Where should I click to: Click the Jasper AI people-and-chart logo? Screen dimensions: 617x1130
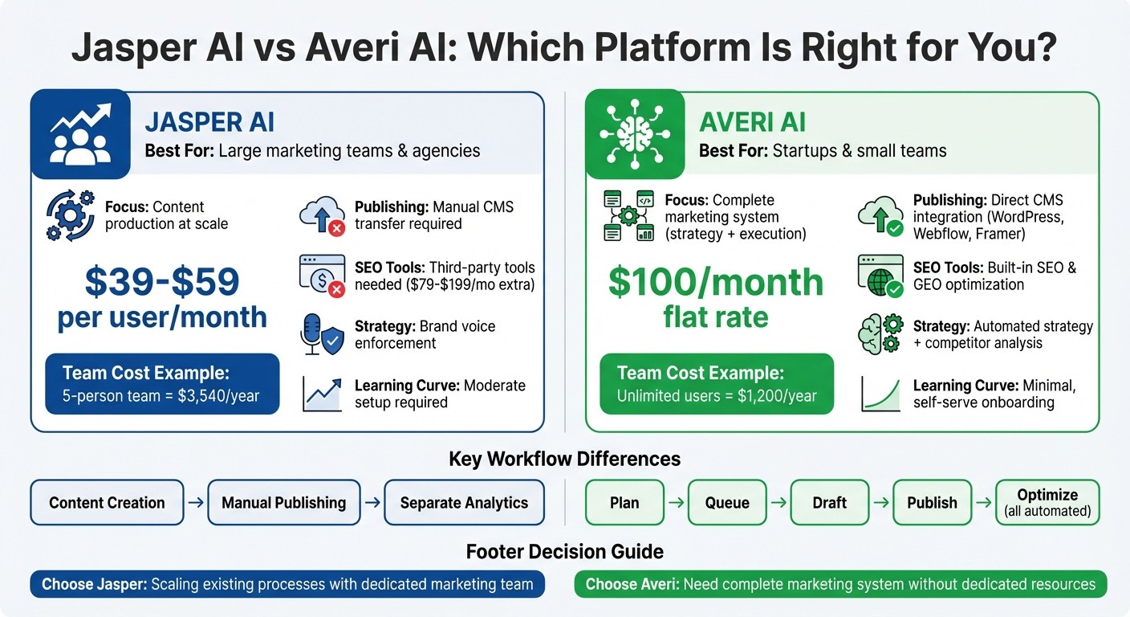80,134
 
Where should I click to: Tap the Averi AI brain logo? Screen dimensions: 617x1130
635,134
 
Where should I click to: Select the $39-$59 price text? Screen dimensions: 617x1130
161,281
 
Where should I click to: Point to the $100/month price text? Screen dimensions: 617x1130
716,282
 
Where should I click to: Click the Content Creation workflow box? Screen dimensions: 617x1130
107,503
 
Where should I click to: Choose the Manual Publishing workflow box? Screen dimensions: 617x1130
283,503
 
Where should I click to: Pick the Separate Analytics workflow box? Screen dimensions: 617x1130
464,503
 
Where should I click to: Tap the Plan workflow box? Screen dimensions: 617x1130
624,503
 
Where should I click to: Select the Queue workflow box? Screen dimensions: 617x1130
727,503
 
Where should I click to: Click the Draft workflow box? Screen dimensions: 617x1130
829,503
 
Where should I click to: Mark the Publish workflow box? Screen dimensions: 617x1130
932,503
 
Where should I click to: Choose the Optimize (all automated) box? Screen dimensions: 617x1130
1047,503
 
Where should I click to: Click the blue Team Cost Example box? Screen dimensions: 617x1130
162,384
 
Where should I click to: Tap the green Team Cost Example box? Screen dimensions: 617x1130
717,384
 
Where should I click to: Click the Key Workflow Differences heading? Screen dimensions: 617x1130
564,459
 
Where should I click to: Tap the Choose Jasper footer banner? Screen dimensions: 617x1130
287,584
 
